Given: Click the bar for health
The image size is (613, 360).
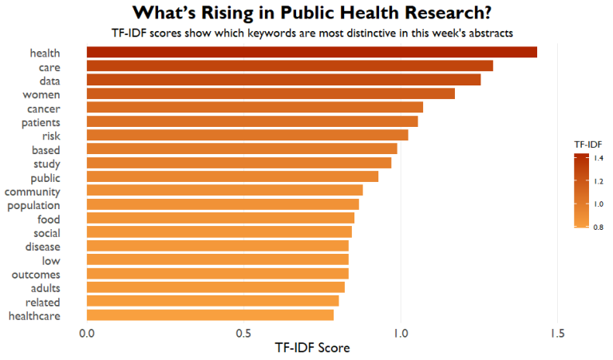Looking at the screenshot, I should (311, 53).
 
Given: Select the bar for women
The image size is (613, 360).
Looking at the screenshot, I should (271, 94).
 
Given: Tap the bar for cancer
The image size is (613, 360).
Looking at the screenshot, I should (255, 108).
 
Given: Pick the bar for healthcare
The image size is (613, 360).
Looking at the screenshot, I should (210, 315).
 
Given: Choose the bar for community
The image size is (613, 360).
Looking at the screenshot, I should (224, 191).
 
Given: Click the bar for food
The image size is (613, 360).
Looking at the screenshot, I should (220, 218).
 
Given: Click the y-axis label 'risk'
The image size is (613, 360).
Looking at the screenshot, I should (52, 136).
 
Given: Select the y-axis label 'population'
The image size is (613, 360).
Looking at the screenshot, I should (36, 205).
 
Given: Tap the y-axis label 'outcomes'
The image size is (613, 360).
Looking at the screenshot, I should (38, 274).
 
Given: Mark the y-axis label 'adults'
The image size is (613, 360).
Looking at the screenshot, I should (45, 288).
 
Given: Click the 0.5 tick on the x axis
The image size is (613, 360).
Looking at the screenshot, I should (243, 333).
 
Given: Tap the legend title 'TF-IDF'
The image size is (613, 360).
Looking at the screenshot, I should (588, 144).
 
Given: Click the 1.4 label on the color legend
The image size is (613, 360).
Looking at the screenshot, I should (598, 160).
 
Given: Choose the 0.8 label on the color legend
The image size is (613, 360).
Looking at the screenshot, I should (598, 227).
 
